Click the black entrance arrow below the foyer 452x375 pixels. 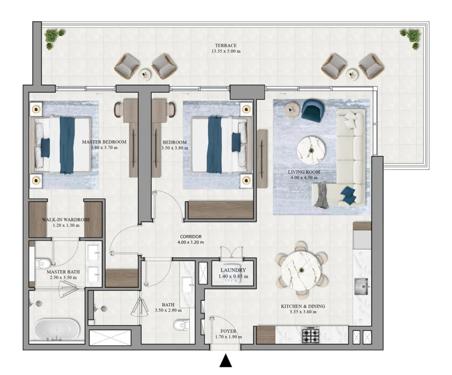tap(226, 361)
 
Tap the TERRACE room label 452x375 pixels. tap(224, 45)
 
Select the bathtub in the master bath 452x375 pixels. tap(57, 331)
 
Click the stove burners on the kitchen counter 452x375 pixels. tap(310, 335)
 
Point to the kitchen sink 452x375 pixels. tap(362, 288)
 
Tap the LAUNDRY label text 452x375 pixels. tap(233, 270)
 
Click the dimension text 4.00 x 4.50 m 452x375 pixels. tap(304, 178)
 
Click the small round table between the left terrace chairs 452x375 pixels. tap(146, 74)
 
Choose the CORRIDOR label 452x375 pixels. tap(190, 236)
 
